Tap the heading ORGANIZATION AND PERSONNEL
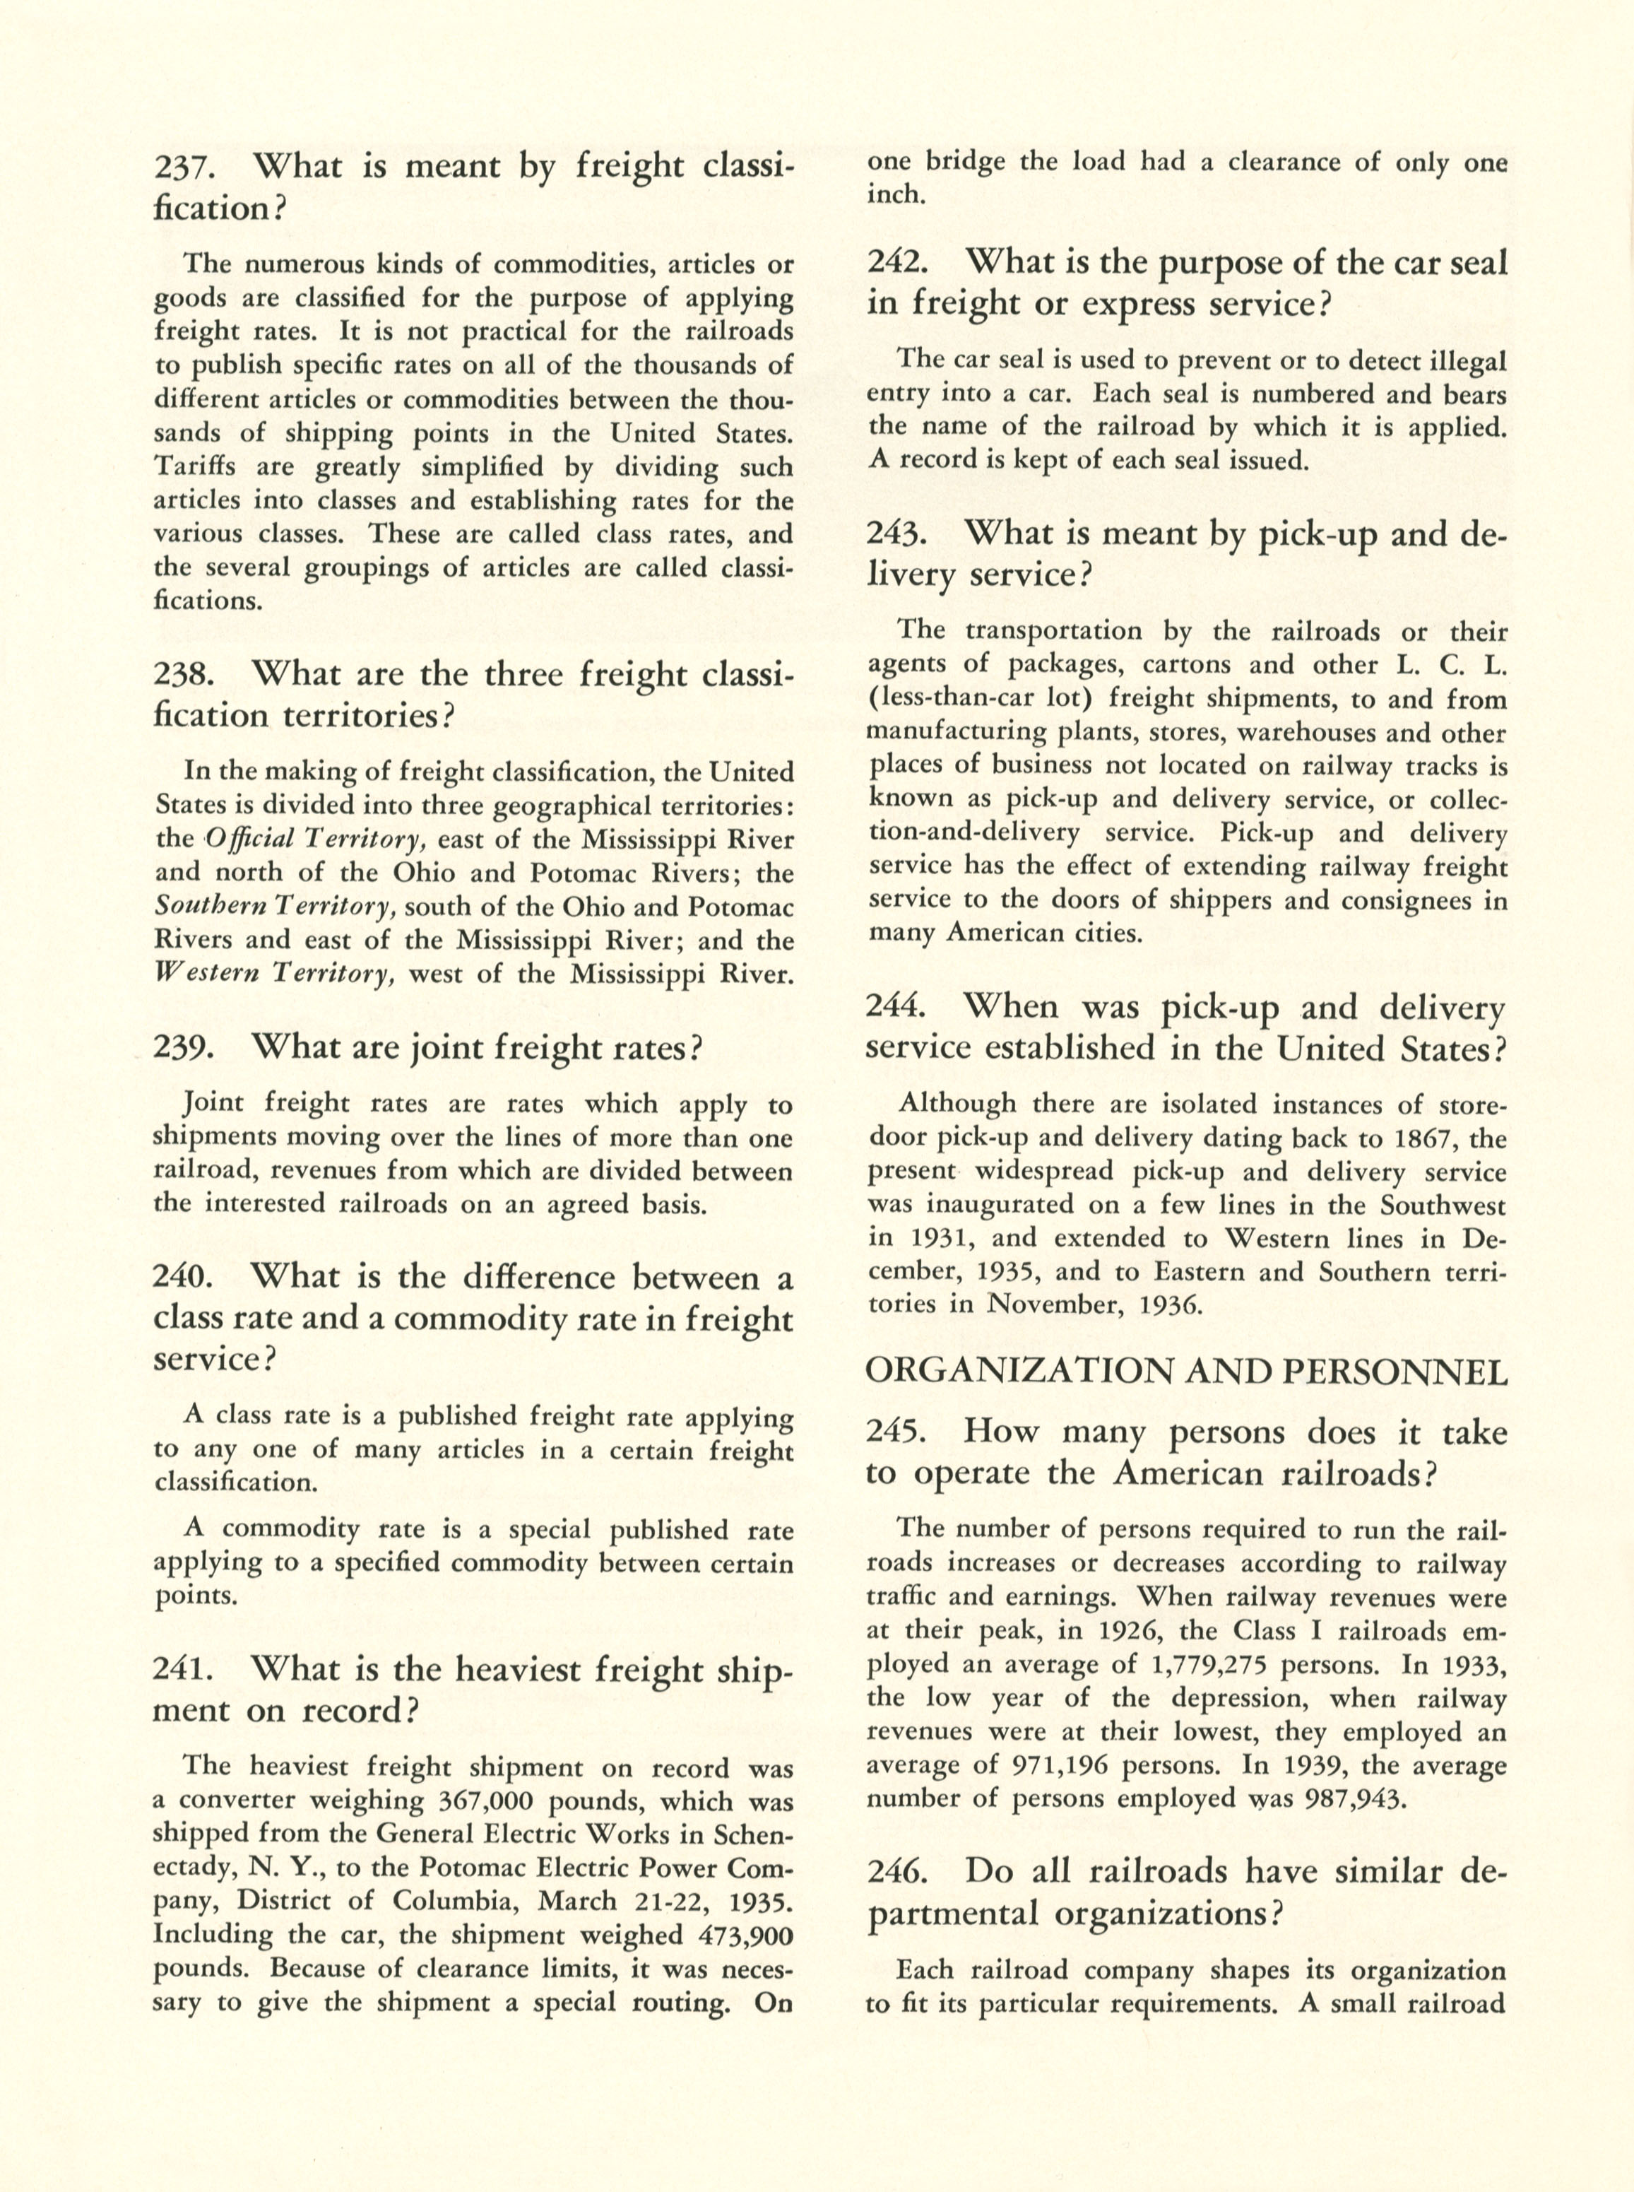click(x=1186, y=1371)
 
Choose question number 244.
click(x=895, y=1006)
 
